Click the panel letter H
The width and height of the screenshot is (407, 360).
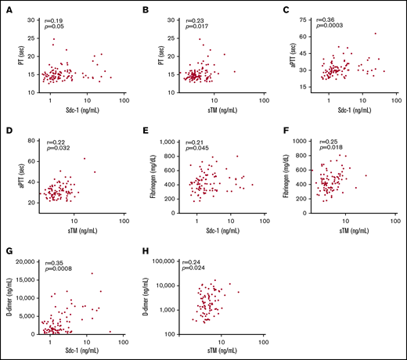[x=144, y=251]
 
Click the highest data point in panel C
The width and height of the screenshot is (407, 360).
[x=375, y=34]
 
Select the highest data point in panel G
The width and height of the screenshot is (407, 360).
[x=92, y=273]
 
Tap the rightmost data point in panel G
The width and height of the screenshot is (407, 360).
[x=110, y=331]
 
